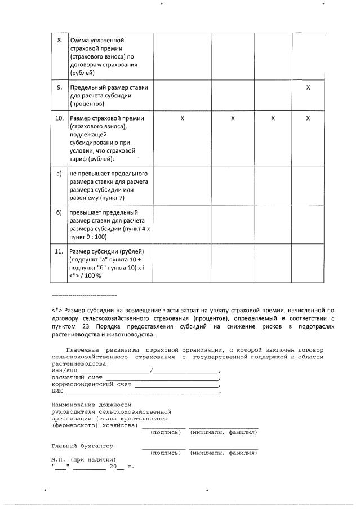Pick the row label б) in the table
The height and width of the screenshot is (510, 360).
(x=59, y=213)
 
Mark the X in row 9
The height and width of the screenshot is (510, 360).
(x=308, y=88)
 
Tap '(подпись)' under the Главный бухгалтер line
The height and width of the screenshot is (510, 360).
(x=167, y=453)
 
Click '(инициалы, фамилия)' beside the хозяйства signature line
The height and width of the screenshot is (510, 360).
(x=224, y=432)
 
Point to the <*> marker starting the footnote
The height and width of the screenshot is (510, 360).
(x=56, y=309)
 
